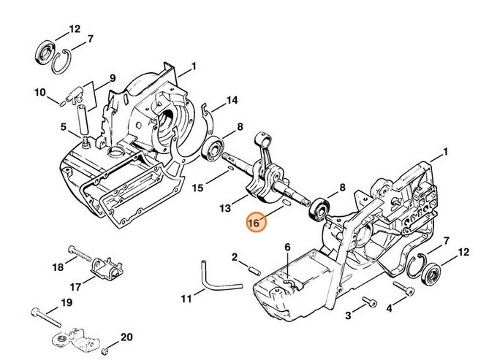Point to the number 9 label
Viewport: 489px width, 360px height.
tap(113, 78)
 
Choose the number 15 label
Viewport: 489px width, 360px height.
tap(197, 188)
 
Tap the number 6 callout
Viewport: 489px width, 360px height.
tap(287, 248)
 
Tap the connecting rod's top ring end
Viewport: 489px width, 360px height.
tap(263, 137)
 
